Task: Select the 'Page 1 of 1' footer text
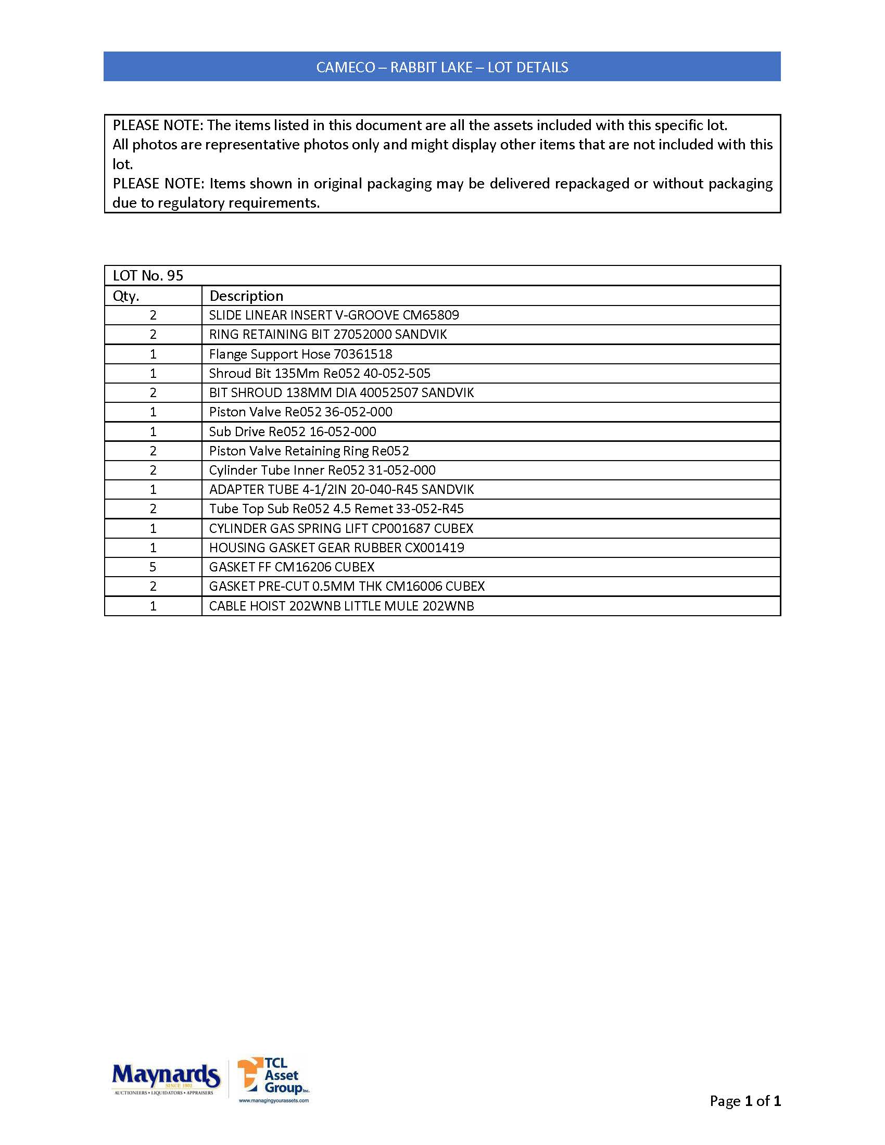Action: click(744, 1101)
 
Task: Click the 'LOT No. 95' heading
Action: click(148, 276)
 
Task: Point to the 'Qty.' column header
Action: click(126, 296)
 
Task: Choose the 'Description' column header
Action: click(246, 296)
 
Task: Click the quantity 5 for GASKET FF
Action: click(153, 567)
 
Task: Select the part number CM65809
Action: click(431, 315)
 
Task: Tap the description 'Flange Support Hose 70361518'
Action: click(300, 354)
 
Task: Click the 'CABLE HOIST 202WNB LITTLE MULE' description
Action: click(342, 606)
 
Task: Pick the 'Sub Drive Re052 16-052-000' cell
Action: click(293, 431)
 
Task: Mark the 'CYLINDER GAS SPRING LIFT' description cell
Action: click(341, 528)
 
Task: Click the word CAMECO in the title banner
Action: click(346, 68)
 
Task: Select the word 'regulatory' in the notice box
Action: click(189, 203)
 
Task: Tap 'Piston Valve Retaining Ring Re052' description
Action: click(309, 451)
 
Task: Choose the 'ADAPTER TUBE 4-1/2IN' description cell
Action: click(342, 490)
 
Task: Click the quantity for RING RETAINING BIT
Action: click(153, 335)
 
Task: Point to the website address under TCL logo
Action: click(274, 1100)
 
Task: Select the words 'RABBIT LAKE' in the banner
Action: click(431, 68)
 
